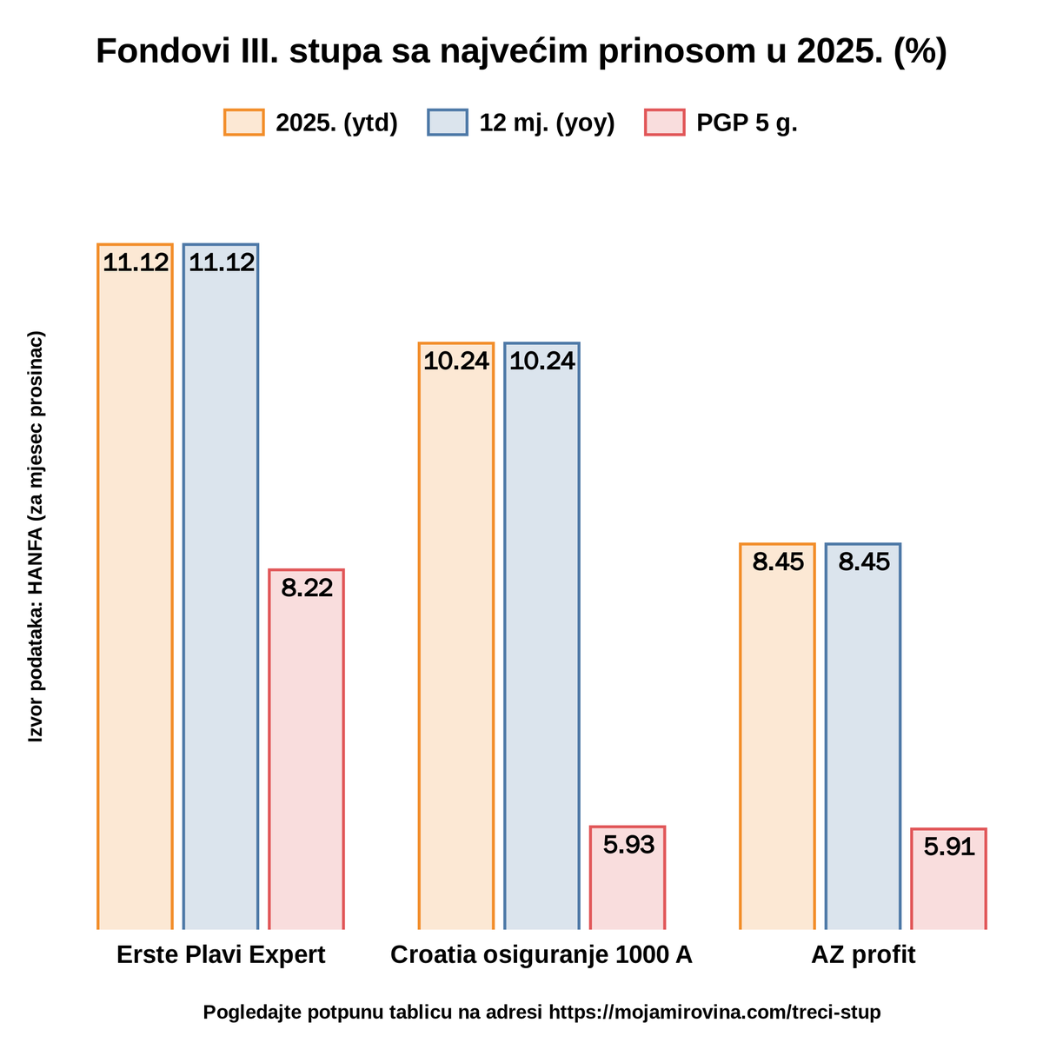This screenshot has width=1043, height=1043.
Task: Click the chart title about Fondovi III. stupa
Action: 521,51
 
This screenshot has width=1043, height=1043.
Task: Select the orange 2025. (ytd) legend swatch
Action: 243,122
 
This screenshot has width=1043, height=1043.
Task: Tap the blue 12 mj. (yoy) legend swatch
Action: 447,122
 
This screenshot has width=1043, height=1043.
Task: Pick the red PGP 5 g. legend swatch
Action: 664,122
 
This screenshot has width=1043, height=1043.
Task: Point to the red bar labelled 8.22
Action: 306,749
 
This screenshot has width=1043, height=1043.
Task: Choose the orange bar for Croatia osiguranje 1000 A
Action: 455,635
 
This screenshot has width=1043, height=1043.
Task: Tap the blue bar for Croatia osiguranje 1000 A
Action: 541,635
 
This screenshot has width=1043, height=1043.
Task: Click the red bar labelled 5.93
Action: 627,877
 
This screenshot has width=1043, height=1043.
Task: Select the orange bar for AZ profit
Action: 777,736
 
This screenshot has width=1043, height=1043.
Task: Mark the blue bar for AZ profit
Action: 862,736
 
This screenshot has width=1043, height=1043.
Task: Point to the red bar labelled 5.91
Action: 948,879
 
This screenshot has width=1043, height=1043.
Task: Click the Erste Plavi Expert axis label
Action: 221,954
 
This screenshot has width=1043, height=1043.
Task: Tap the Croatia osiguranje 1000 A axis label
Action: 541,954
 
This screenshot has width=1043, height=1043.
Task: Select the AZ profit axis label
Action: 863,954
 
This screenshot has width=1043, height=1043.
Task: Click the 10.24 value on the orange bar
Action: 455,361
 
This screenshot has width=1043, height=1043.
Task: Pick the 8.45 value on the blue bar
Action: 863,561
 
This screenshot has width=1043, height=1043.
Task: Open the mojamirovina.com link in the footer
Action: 714,1012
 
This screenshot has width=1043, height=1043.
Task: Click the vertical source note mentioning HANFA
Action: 35,536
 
